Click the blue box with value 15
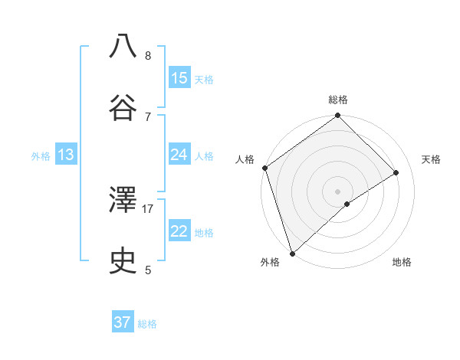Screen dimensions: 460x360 tap(179, 77)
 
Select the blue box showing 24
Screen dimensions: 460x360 tap(179, 155)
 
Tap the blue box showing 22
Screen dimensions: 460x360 tap(179, 231)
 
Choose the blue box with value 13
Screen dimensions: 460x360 tap(66, 155)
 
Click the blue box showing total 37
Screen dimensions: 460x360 tap(123, 322)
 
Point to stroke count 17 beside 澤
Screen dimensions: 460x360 tap(148, 208)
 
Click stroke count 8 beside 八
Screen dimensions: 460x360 tap(147, 55)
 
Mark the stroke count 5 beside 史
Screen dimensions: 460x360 tap(147, 270)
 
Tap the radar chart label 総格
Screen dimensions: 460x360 tap(338, 100)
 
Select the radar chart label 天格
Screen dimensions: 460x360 tap(432, 159)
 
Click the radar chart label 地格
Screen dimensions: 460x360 tap(402, 262)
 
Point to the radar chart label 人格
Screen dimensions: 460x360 tap(245, 159)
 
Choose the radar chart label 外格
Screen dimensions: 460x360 tap(270, 262)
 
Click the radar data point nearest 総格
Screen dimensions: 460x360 tap(338, 116)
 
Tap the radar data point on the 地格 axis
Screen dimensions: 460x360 tap(347, 204)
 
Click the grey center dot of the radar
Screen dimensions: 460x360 tap(338, 191)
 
